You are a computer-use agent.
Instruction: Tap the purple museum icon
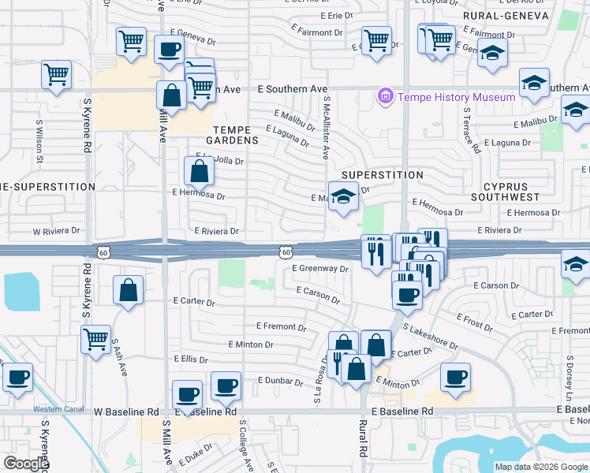coord(386,97)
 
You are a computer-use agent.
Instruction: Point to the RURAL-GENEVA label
coord(495,15)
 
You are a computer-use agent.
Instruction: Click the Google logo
coord(26,464)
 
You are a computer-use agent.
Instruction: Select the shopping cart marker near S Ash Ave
coord(95,340)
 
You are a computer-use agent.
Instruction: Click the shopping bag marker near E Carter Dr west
coord(128,290)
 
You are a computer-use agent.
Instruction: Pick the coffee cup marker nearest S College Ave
coord(226,385)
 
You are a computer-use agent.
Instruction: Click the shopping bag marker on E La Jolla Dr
coord(200,169)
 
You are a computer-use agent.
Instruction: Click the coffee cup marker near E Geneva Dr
coord(169,49)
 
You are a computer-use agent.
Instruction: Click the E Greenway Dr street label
coord(319,268)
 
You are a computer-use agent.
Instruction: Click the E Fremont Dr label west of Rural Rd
coord(282,326)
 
